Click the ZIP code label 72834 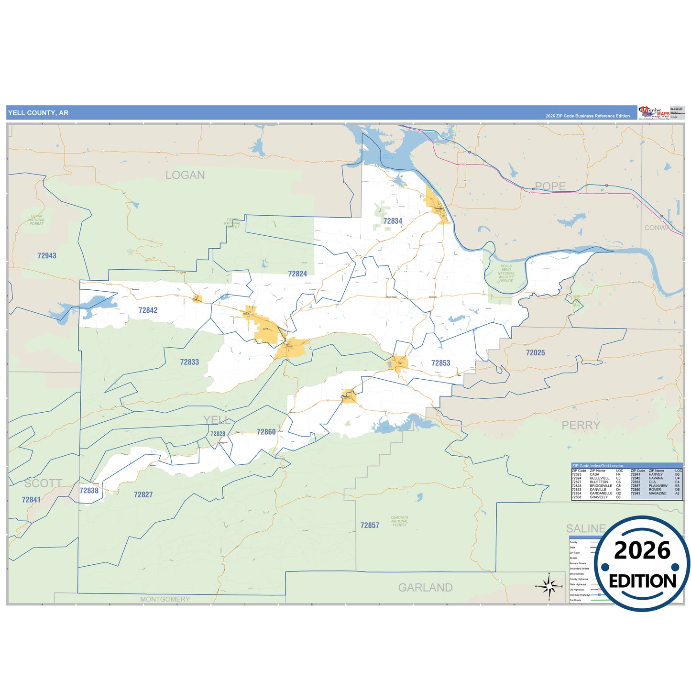tap(393, 221)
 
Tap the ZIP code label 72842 tap(148, 310)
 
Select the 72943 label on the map tap(47, 256)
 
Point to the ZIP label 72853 tap(440, 363)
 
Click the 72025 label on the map tap(535, 353)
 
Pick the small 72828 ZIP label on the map tap(218, 434)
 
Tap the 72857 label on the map tap(370, 526)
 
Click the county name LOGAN tap(185, 175)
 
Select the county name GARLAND tap(425, 588)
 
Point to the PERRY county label tap(581, 425)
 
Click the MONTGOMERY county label tap(165, 599)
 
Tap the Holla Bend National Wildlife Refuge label tap(506, 274)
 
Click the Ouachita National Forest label tap(399, 521)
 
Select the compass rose tap(549, 586)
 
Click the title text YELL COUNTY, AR tap(38, 113)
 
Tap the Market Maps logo tap(654, 113)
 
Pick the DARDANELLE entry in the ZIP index tap(601, 494)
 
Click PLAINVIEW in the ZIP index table tap(658, 486)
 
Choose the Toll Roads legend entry tap(575, 600)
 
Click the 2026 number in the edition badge tap(642, 550)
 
